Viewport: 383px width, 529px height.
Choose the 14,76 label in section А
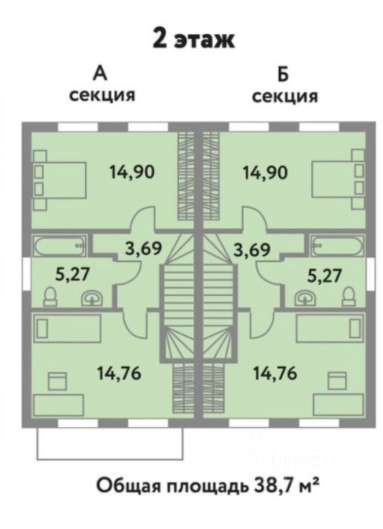(x=120, y=373)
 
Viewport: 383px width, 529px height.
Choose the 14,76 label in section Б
(x=275, y=373)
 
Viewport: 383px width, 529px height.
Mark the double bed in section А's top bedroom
(x=60, y=180)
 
